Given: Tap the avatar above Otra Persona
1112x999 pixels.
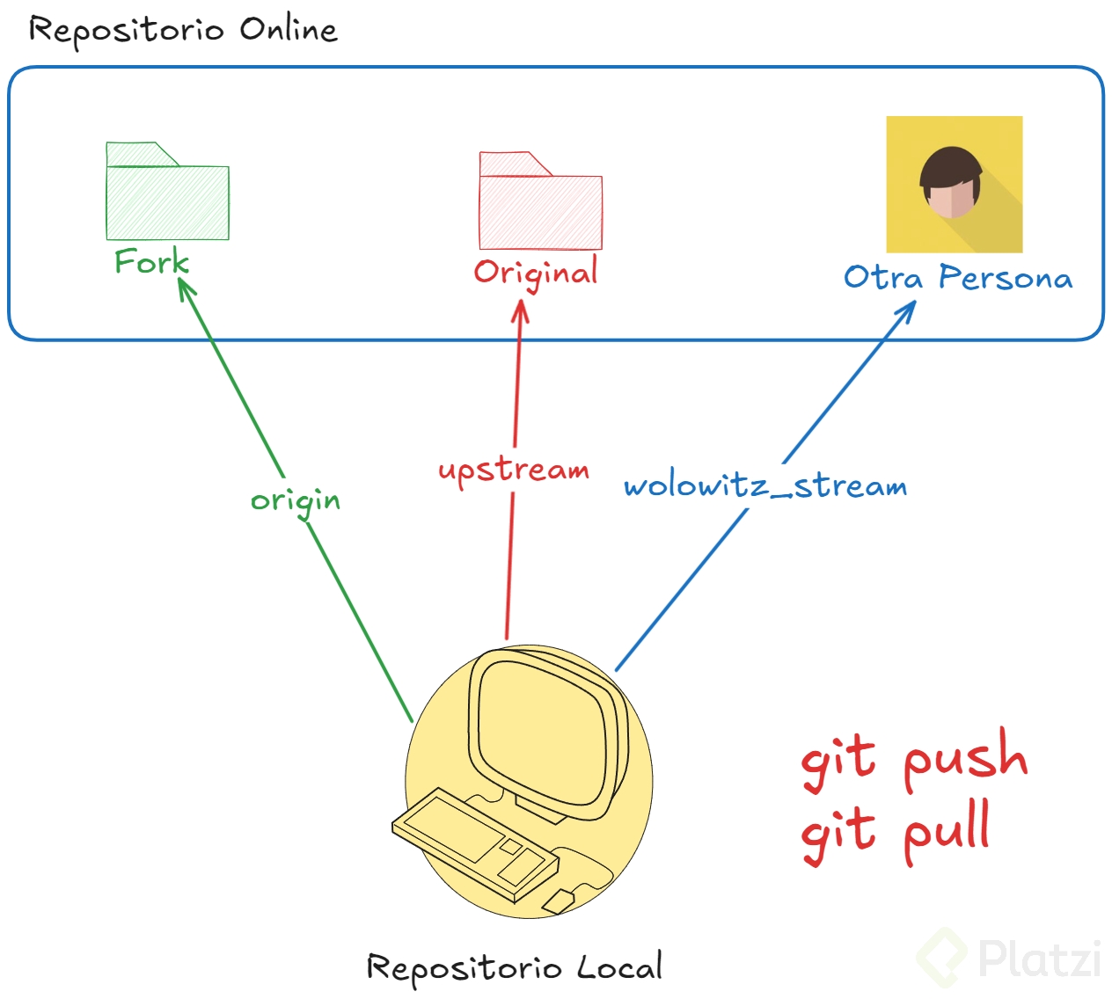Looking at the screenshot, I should tap(954, 185).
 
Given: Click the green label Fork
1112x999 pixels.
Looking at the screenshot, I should tap(151, 261).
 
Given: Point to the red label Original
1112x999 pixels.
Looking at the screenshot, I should tap(536, 273).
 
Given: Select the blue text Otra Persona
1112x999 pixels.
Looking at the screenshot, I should tap(958, 278).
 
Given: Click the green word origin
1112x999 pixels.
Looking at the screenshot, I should tap(296, 501).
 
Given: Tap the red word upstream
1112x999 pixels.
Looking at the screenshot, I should tap(514, 470).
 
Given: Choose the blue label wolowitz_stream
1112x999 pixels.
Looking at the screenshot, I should tap(765, 486).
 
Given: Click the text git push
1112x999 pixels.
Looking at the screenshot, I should tap(914, 757).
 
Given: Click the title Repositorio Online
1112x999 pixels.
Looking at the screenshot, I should tap(183, 31).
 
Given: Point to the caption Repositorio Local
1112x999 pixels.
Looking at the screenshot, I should tap(514, 967).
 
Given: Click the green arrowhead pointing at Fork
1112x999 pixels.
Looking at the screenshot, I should tap(185, 288).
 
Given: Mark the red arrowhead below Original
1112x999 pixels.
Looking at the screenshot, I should tap(521, 310).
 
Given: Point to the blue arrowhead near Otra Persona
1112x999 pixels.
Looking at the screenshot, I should tap(907, 310).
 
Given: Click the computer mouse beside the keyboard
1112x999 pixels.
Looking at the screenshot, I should tap(559, 901).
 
